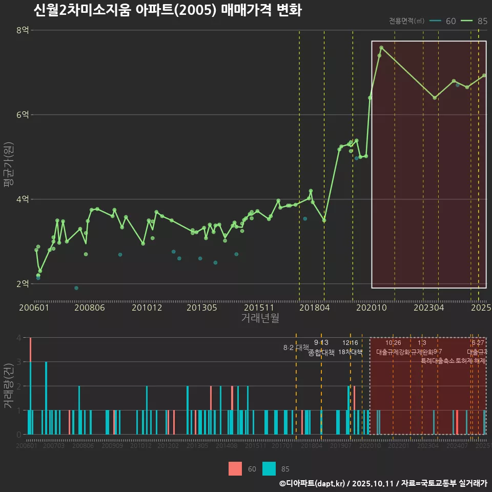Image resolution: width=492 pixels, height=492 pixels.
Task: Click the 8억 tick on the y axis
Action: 23,30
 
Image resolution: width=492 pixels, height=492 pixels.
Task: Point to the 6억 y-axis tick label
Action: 23,115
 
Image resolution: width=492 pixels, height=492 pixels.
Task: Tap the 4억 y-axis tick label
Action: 23,199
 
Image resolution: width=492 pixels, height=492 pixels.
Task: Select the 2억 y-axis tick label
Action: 23,284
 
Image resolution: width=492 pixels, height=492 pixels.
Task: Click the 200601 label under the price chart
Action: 34,308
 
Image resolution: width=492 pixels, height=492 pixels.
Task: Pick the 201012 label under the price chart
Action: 147,308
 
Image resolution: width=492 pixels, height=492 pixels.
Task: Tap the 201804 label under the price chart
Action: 314,308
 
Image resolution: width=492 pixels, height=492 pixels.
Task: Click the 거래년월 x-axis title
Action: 260,318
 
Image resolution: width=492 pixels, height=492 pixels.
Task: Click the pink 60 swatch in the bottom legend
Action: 235,468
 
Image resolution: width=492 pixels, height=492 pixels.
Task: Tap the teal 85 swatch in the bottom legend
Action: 269,468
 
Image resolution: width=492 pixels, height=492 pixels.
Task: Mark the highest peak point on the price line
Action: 381,48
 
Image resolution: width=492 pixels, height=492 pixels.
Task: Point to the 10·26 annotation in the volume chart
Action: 393,343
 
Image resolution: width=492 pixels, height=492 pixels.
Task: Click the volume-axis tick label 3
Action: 19,362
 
